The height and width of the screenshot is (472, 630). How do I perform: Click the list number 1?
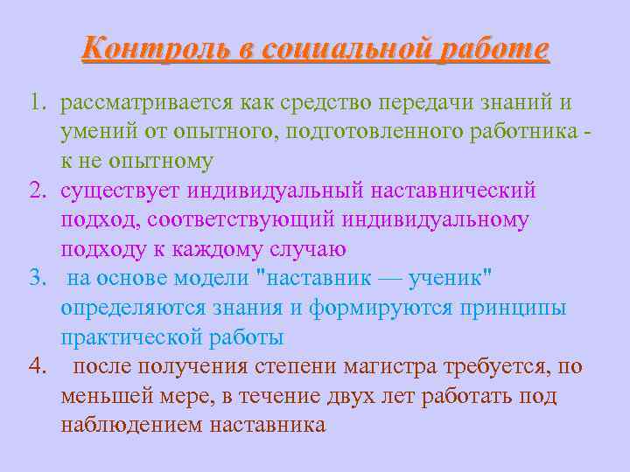(x=36, y=103)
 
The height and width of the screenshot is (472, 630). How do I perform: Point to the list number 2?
(x=36, y=191)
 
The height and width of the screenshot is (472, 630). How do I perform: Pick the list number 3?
(x=36, y=279)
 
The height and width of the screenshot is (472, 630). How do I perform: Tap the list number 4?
(x=36, y=367)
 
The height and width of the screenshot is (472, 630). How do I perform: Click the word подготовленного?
(x=383, y=132)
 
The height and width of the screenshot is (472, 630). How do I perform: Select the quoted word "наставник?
(x=314, y=279)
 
